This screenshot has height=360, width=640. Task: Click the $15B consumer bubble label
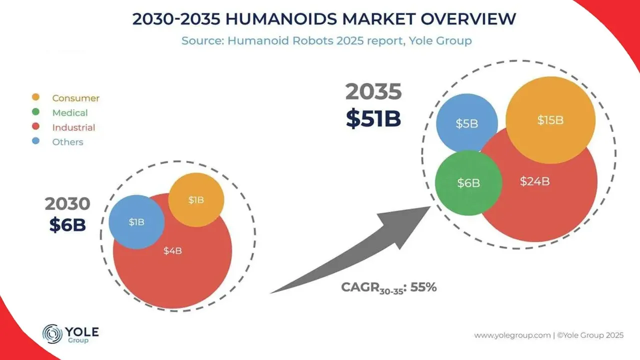550,120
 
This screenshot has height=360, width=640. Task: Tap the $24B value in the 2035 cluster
534,181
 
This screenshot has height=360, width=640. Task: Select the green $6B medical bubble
468,183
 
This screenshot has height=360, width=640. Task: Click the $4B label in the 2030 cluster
172,251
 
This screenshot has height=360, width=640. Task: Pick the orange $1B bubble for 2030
196,200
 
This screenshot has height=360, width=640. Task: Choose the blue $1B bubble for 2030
136,222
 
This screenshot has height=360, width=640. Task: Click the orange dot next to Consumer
35,97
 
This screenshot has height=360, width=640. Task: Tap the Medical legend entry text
70,113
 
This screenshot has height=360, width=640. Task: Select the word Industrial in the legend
73,127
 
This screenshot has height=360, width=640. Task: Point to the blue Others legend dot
35,141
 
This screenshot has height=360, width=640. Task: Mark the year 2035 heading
373,92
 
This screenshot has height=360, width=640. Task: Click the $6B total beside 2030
67,225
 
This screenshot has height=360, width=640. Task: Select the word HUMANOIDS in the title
269,19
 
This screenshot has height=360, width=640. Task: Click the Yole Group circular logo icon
52,333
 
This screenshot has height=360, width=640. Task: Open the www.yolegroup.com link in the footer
512,335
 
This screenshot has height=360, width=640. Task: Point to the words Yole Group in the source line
447,40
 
